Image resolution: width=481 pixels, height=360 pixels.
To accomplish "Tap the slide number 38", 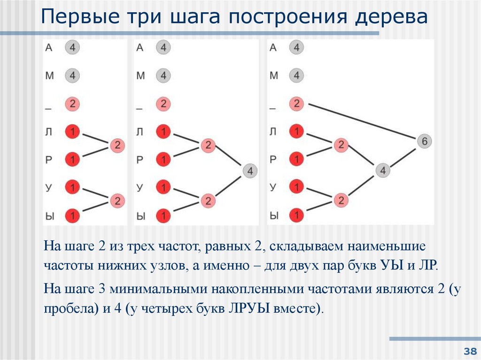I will [x=469, y=351].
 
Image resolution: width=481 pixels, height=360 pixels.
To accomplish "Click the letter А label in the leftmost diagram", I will [x=49, y=47].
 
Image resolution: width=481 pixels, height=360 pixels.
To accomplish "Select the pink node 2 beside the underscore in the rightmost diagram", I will [x=296, y=104].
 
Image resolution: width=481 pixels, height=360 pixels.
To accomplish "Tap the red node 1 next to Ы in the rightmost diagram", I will [x=296, y=216].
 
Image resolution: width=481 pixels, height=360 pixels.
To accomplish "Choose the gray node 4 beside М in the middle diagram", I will [x=163, y=75].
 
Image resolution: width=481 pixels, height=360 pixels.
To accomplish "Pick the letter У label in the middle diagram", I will [x=140, y=188].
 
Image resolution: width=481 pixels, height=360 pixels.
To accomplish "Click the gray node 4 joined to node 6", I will [x=383, y=171].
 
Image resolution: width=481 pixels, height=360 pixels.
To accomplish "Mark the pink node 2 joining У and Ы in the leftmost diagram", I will [x=117, y=201].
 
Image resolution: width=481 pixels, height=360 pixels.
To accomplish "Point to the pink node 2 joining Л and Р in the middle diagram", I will [x=207, y=145].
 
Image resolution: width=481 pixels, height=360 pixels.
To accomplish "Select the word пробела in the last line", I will [x=65, y=309].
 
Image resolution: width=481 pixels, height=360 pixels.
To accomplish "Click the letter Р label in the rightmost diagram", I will [x=274, y=160].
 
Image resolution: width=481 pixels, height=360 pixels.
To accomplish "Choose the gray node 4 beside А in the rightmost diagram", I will [x=296, y=47].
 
